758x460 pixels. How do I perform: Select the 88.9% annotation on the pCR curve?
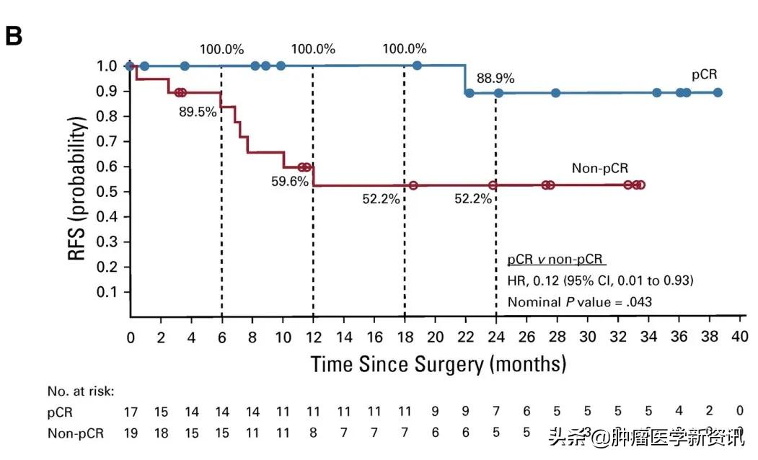[x=494, y=78]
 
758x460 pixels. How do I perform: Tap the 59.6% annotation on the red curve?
[x=289, y=181]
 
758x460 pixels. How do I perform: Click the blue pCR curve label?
[x=703, y=74]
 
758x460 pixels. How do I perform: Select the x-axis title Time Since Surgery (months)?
[x=438, y=363]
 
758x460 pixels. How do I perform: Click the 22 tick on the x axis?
[x=465, y=337]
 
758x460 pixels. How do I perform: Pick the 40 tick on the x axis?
[x=739, y=337]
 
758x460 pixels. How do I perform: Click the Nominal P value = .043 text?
[x=579, y=301]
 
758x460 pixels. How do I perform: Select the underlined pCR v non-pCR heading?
[x=555, y=259]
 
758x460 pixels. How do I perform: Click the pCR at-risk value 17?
[x=131, y=412]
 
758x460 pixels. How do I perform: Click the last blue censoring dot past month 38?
[x=717, y=92]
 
